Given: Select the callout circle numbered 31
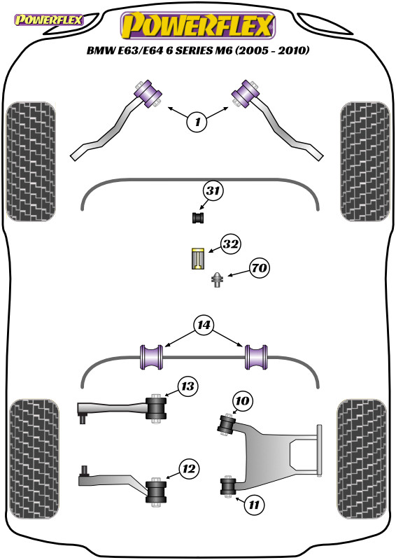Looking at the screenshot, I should (214, 190).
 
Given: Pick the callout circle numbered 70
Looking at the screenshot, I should (258, 268).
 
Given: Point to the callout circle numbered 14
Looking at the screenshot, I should (204, 325).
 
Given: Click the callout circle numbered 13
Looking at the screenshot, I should (187, 386).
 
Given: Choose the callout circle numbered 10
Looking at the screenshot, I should (241, 401).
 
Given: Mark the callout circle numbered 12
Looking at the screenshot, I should (187, 469).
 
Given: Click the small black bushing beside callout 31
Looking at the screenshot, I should (197, 218).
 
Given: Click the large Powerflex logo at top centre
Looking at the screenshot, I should (197, 27).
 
